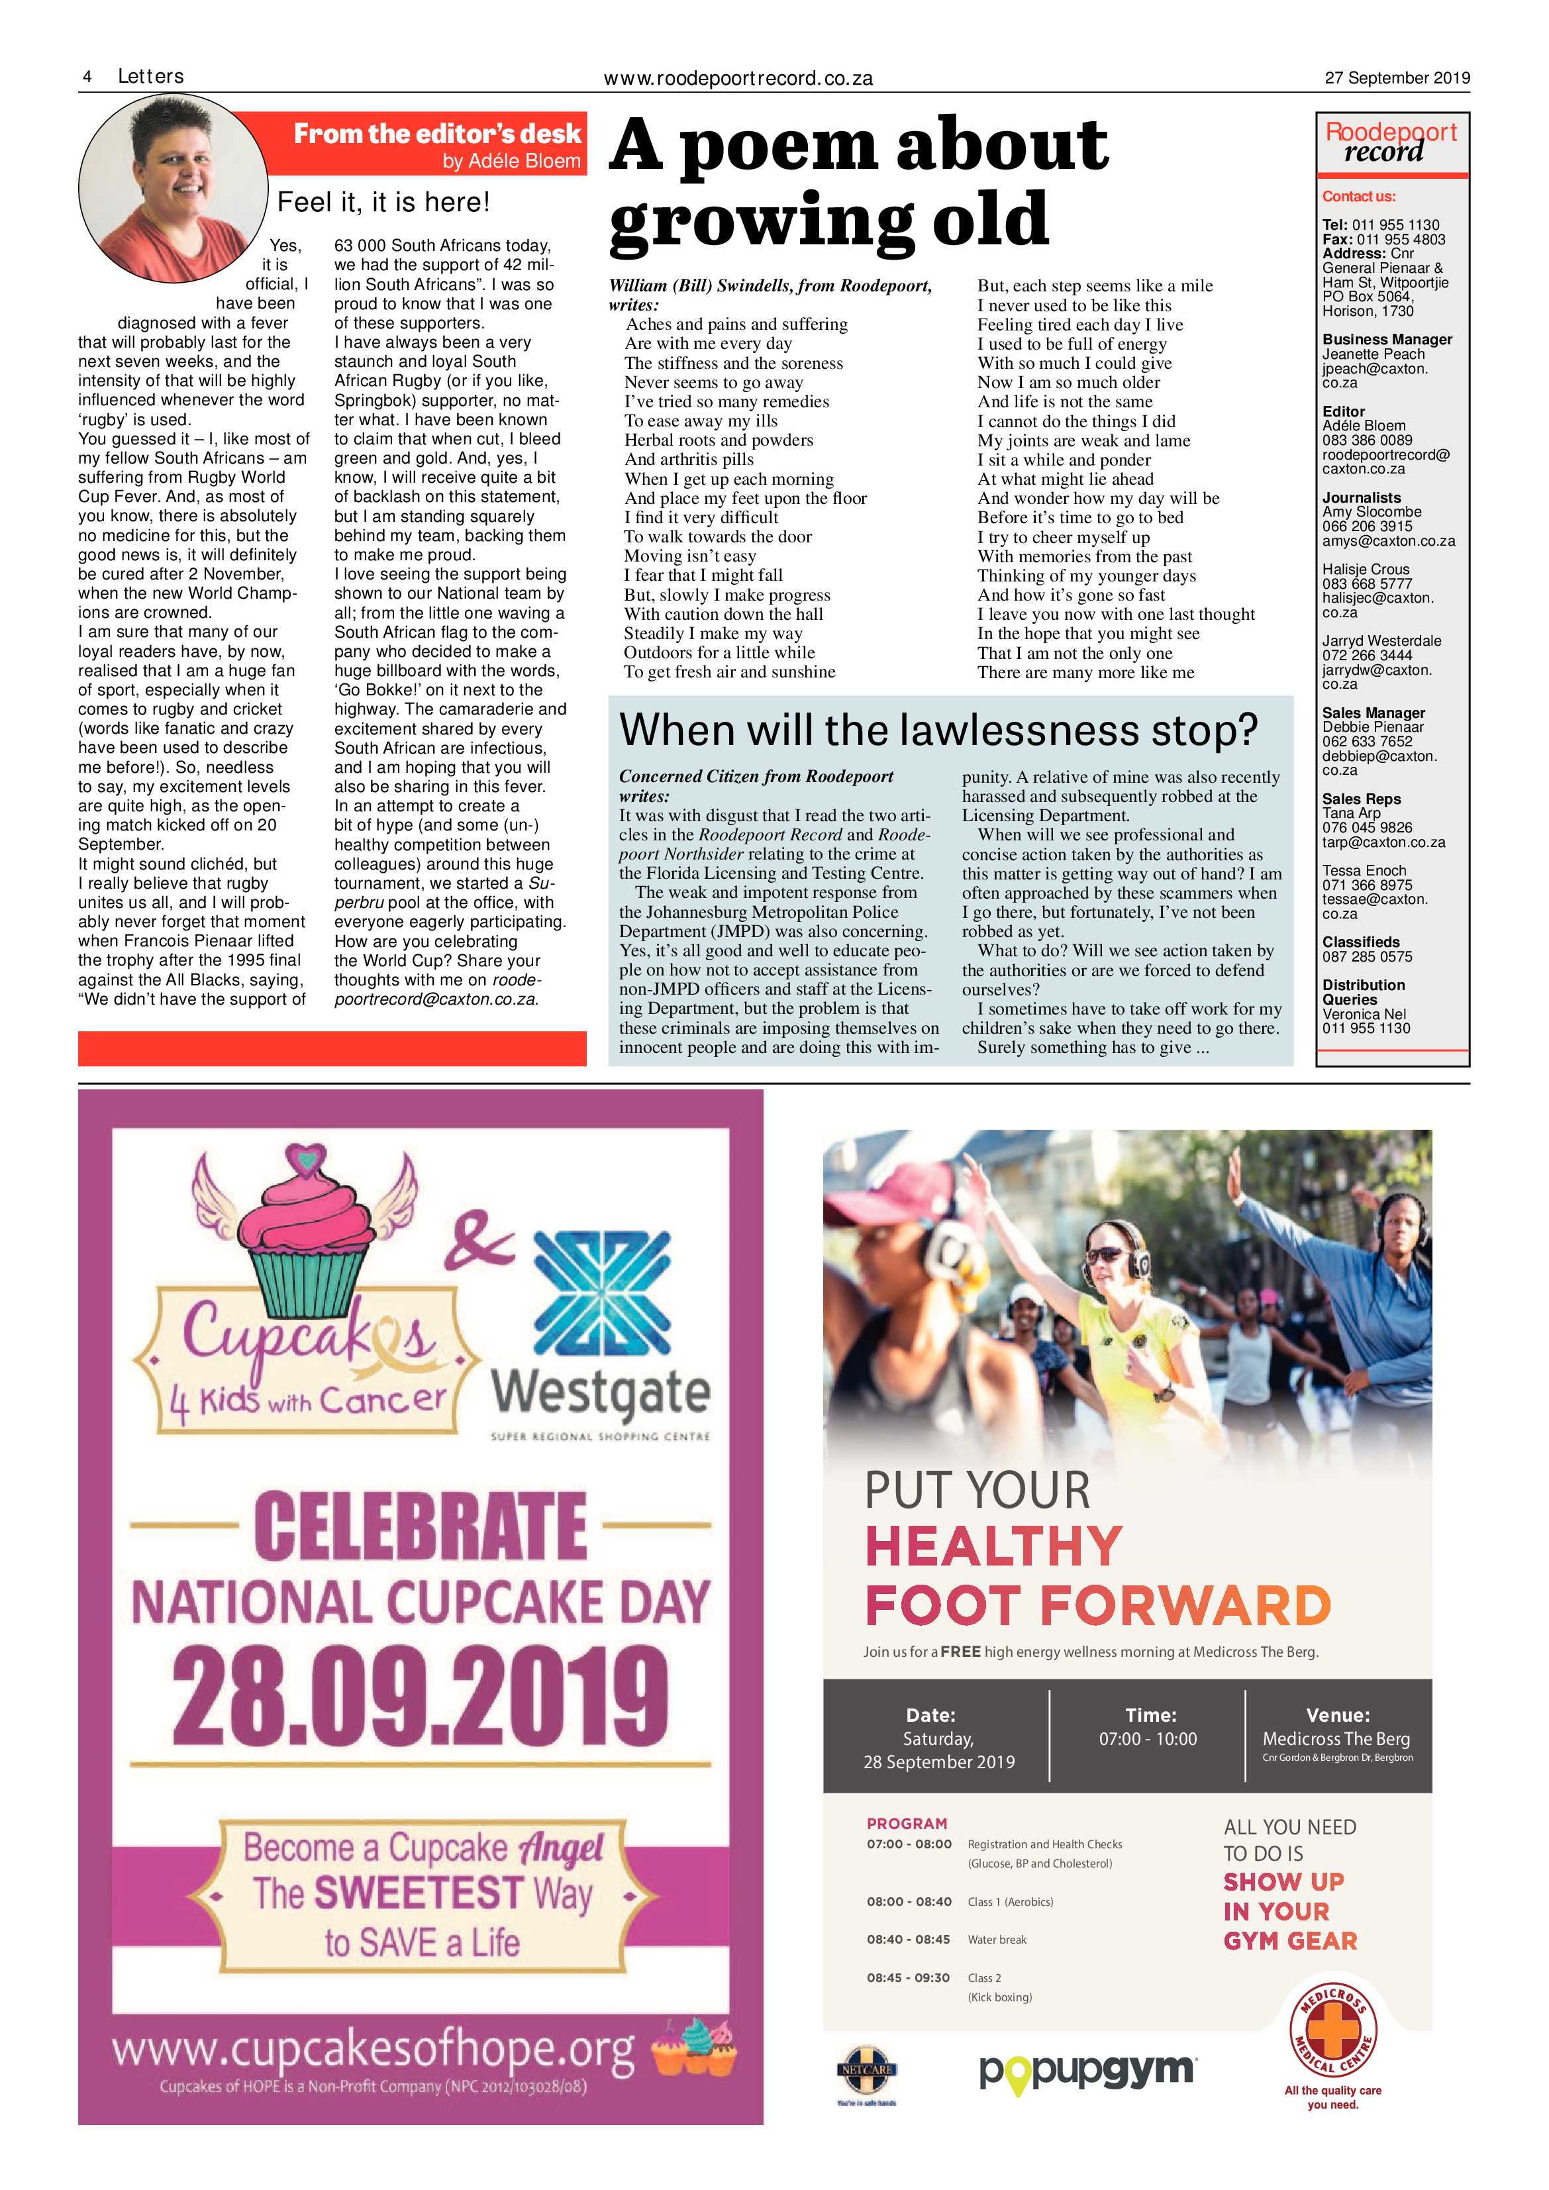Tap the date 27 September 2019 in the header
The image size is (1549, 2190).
[x=1397, y=78]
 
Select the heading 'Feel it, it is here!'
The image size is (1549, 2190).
[x=383, y=202]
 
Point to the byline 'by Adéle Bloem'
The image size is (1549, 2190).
[x=511, y=161]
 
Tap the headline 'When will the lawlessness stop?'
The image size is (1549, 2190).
[x=938, y=730]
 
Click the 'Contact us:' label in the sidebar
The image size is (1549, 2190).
[x=1358, y=197]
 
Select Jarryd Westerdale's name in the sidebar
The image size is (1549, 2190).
[x=1381, y=641]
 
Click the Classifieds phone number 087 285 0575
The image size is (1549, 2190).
[x=1367, y=957]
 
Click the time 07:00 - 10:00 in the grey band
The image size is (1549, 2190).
[x=1148, y=1739]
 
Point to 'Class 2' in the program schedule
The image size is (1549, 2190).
[x=984, y=1978]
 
